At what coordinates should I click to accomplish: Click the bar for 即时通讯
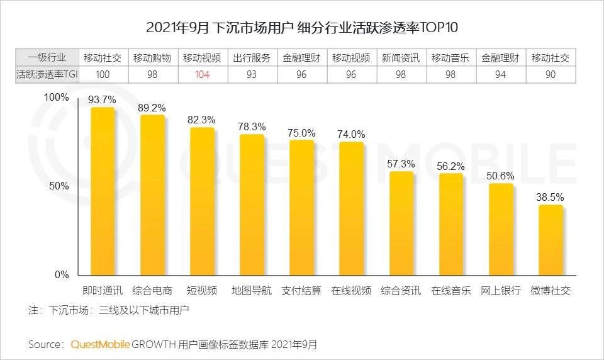(103, 192)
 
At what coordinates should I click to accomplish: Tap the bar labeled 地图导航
(252, 205)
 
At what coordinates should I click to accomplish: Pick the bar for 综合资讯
(401, 223)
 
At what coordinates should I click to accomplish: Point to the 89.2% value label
(152, 108)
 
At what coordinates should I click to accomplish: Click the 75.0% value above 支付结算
(302, 133)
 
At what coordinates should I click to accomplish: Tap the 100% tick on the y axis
(57, 98)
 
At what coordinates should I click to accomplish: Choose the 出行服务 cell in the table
(252, 58)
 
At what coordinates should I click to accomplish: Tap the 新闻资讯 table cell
(401, 58)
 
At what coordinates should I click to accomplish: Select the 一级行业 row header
(47, 58)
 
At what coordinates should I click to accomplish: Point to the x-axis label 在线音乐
(451, 291)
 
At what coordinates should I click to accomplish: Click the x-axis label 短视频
(202, 291)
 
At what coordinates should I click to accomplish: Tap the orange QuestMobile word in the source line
(101, 344)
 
